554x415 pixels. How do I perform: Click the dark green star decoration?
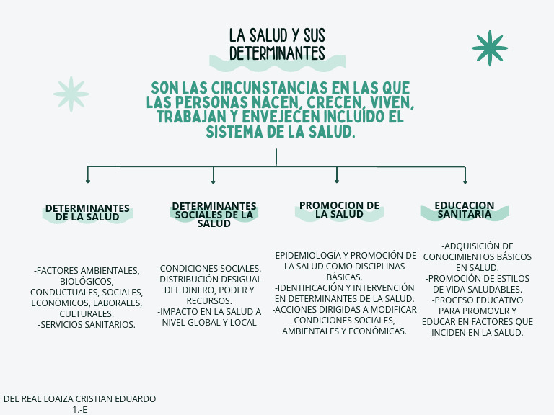coord(490,48)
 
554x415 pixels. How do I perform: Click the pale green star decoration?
coord(71,94)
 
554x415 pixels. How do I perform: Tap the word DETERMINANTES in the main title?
coord(277,53)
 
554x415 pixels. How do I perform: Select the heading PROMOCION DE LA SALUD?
coord(339,210)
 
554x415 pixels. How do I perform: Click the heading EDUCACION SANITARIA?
coord(465,210)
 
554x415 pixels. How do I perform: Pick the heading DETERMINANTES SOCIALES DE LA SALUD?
coord(214,215)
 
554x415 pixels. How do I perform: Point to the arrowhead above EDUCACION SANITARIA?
coord(465,182)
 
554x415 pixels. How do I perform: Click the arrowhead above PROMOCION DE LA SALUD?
coord(337,181)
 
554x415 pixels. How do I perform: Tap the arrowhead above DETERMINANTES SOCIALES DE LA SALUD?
coord(213,182)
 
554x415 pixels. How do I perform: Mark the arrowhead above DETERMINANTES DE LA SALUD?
coord(87,181)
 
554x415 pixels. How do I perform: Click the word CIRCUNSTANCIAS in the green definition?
coord(270,88)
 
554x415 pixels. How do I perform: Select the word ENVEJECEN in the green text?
coord(281,117)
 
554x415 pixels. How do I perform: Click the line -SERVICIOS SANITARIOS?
coord(87,325)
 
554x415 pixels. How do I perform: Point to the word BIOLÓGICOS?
coord(87,282)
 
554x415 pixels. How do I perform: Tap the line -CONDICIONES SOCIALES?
coord(209,269)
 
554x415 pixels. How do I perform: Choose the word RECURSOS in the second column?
coord(209,301)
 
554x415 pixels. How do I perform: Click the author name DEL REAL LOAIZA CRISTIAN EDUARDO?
coord(79,398)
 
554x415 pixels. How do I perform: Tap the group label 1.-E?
coord(80,410)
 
